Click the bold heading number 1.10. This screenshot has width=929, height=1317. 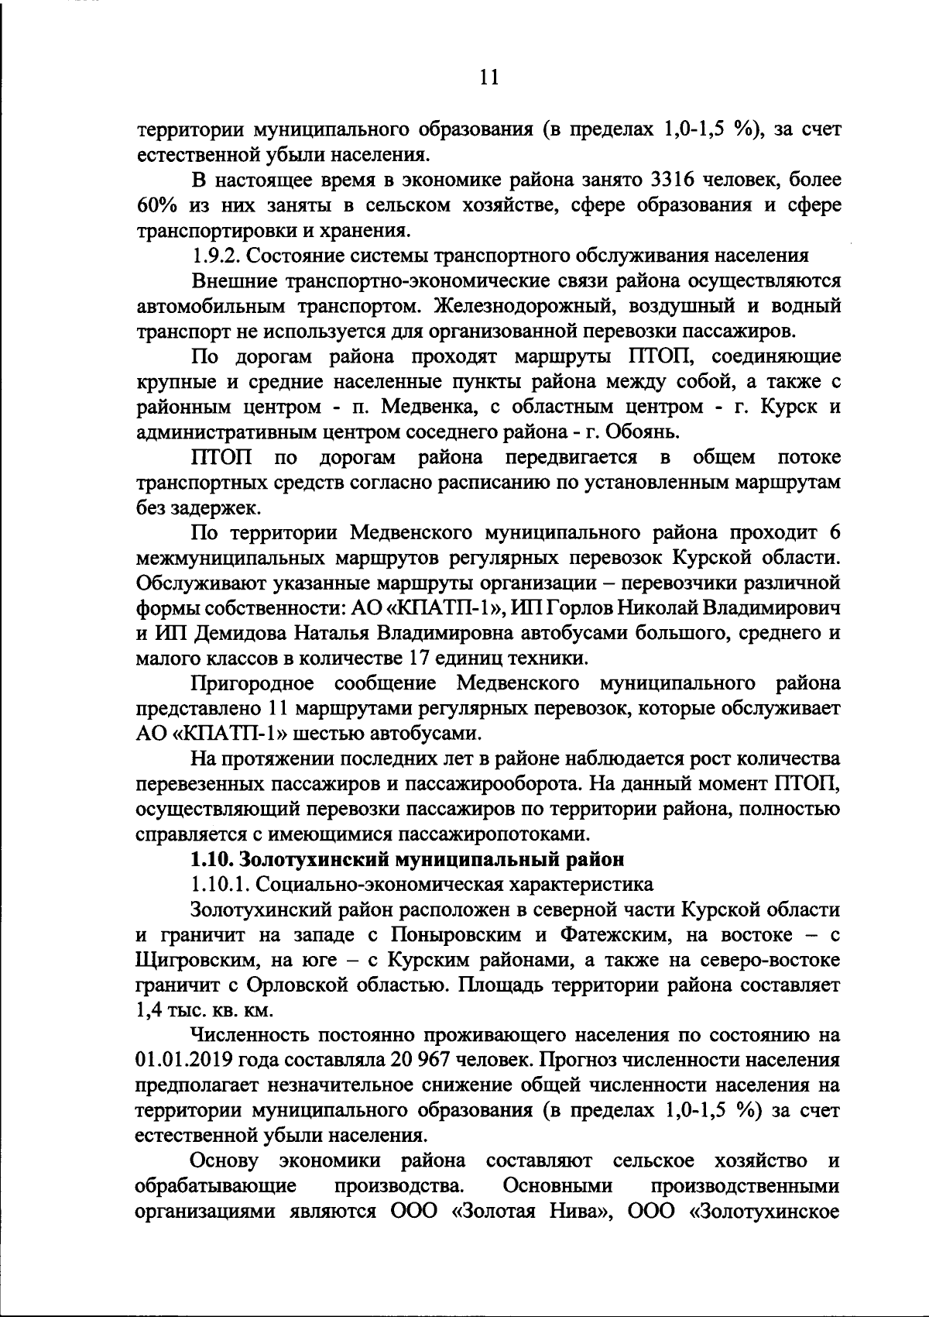coord(212,859)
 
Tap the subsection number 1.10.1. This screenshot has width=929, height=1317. coord(219,884)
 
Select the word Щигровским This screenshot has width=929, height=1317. coord(196,960)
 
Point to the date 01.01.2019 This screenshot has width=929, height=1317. coord(186,1061)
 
